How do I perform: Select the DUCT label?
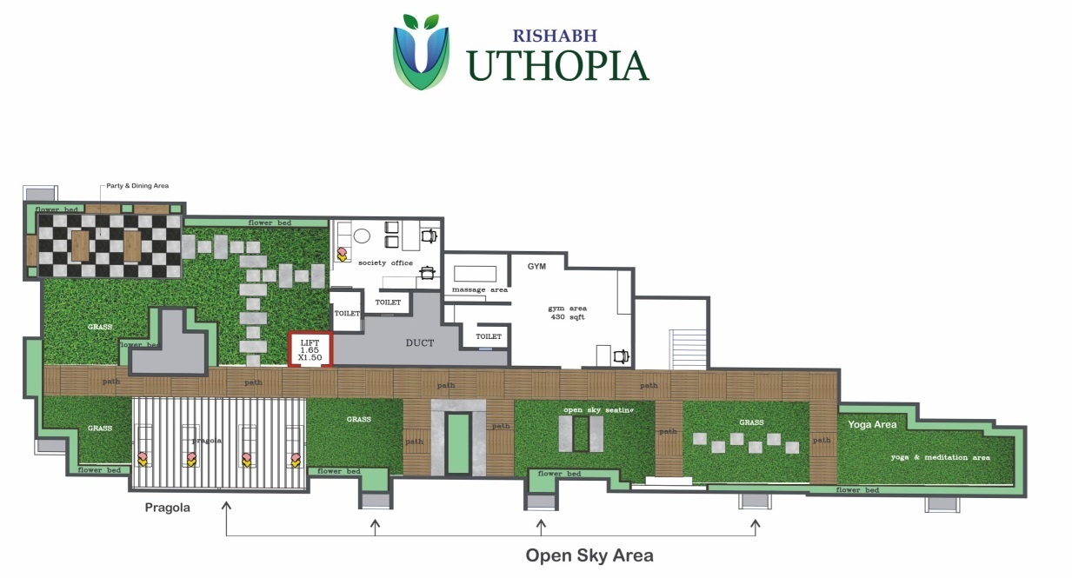tap(419, 342)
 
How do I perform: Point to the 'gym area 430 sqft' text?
tap(567, 313)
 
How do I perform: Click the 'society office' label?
tap(385, 262)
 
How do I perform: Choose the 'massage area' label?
tap(479, 289)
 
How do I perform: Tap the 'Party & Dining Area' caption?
tap(137, 185)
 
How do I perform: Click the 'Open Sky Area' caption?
tap(589, 555)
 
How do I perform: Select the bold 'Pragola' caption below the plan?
tap(168, 507)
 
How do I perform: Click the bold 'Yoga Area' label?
tap(872, 425)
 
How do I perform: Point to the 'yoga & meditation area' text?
tap(940, 457)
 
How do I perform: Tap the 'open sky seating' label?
tap(598, 409)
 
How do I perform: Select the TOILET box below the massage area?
tap(489, 336)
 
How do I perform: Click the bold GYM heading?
tap(536, 266)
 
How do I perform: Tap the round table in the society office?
tap(362, 236)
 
